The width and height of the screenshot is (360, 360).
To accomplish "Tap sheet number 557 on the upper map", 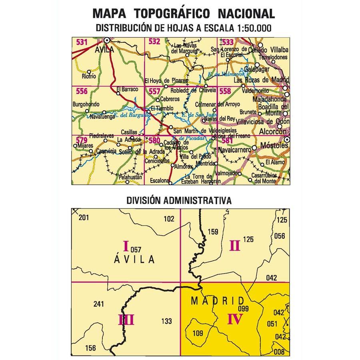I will pyautogui.click(x=154, y=91).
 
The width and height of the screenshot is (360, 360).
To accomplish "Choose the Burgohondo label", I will pyautogui.click(x=85, y=104).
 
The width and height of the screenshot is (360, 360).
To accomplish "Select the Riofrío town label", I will pyautogui.click(x=89, y=76).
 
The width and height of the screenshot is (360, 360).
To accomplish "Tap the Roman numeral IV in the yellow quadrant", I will pyautogui.click(x=235, y=319).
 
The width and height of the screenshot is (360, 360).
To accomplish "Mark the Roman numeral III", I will pyautogui.click(x=126, y=320).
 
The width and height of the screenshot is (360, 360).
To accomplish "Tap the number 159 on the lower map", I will pyautogui.click(x=212, y=232).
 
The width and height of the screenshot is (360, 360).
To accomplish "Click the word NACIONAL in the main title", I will pyautogui.click(x=246, y=14).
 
